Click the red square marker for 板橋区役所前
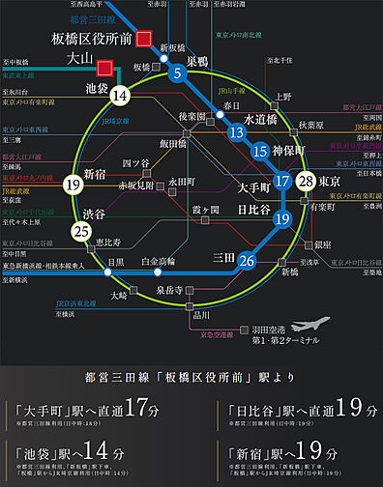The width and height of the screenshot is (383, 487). tap(144, 39)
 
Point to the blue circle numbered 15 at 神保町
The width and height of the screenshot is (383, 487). tap(259, 151)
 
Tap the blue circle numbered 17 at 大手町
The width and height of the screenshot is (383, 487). tap(281, 181)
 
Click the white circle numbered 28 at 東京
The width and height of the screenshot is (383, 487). tap(307, 181)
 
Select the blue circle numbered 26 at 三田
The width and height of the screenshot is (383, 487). tap(247, 260)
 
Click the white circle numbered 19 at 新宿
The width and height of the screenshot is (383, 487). tap(71, 184)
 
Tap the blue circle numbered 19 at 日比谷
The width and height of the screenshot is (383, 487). tap(281, 219)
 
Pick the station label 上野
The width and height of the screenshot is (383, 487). tap(283, 97)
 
